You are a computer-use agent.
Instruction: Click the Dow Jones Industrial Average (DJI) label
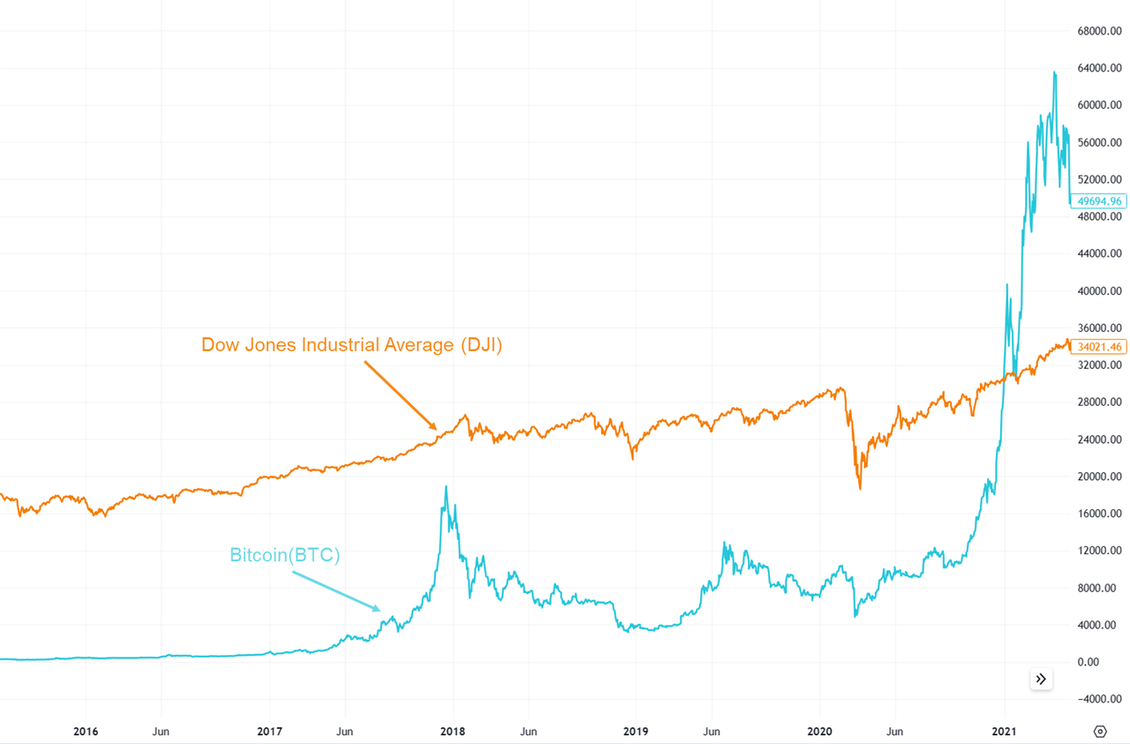(351, 345)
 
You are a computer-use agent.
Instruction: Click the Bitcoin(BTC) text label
(284, 555)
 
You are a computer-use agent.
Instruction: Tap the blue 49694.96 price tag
(1098, 201)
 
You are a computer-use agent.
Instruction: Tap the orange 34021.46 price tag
(1098, 347)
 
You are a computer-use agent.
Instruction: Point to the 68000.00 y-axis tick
(1098, 31)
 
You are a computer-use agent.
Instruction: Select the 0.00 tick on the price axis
(1107, 662)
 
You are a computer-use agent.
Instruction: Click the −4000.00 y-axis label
(1098, 699)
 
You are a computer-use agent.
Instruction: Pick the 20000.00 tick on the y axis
(1098, 477)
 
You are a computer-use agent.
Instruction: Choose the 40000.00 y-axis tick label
(1098, 291)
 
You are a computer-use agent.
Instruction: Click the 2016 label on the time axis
(86, 732)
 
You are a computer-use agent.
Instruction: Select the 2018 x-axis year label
(453, 732)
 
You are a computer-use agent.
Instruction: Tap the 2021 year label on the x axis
(1005, 732)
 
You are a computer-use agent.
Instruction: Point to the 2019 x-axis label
(636, 732)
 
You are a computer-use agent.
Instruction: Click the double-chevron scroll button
(1041, 679)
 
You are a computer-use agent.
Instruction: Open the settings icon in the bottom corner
(1100, 731)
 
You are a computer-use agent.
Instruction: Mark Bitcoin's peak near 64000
(1054, 72)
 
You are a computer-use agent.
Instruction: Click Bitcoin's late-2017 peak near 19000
(446, 486)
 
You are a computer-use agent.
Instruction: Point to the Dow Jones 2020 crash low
(860, 489)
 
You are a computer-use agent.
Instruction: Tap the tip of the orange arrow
(437, 430)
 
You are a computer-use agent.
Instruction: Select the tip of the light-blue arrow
(381, 611)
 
